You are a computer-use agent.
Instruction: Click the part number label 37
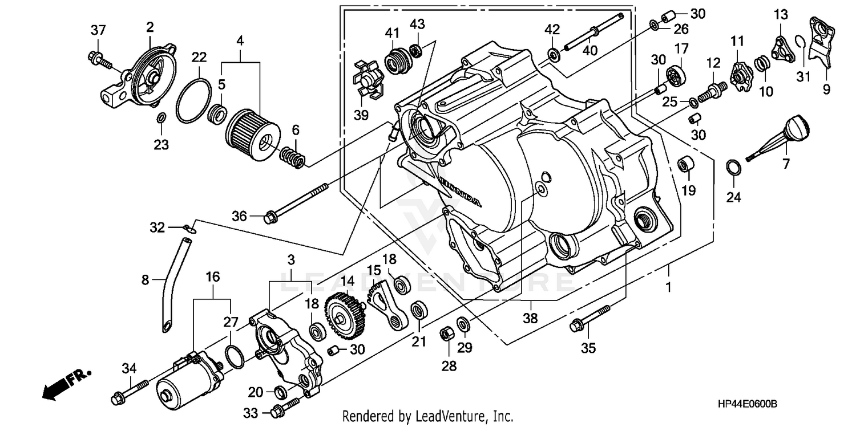pyautogui.click(x=98, y=30)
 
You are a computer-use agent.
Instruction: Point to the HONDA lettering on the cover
pyautogui.click(x=460, y=190)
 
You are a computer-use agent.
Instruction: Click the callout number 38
pyautogui.click(x=531, y=319)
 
